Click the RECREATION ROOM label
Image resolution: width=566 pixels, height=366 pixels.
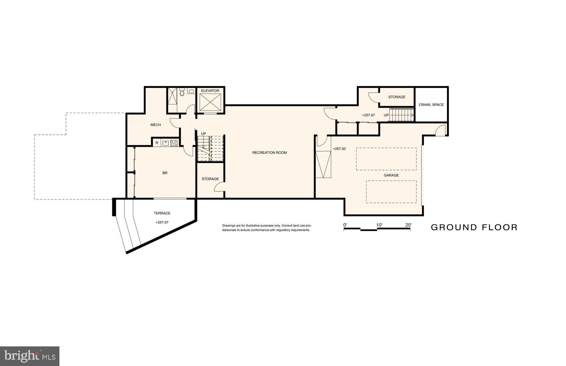pyautogui.click(x=269, y=152)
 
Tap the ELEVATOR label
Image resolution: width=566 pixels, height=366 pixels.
pyautogui.click(x=210, y=91)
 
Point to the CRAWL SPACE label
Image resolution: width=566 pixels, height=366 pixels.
pyautogui.click(x=431, y=105)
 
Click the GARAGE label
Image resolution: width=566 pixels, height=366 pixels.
pyautogui.click(x=391, y=175)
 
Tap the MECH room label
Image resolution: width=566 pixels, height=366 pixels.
pyautogui.click(x=156, y=125)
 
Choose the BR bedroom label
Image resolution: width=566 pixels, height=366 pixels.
pyautogui.click(x=165, y=173)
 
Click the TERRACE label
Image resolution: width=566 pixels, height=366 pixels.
pyautogui.click(x=162, y=213)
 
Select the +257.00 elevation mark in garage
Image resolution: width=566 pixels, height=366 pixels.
pyautogui.click(x=339, y=149)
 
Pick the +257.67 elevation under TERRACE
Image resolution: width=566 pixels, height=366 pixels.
pyautogui.click(x=162, y=222)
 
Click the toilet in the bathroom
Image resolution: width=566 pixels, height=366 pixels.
pyautogui.click(x=182, y=92)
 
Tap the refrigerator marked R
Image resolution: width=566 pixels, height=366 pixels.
pyautogui.click(x=157, y=143)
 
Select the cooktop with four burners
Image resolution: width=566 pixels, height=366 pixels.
pyautogui.click(x=174, y=143)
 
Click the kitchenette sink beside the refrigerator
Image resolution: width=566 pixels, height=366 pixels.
pyautogui.click(x=165, y=143)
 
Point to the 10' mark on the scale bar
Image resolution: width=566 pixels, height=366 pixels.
pyautogui.click(x=379, y=225)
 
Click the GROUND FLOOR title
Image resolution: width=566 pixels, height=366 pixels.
pyautogui.click(x=474, y=227)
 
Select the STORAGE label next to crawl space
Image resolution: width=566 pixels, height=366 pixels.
pyautogui.click(x=397, y=97)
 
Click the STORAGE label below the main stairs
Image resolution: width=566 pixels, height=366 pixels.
pyautogui.click(x=210, y=179)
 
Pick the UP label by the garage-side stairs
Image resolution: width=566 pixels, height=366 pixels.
pyautogui.click(x=386, y=115)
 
